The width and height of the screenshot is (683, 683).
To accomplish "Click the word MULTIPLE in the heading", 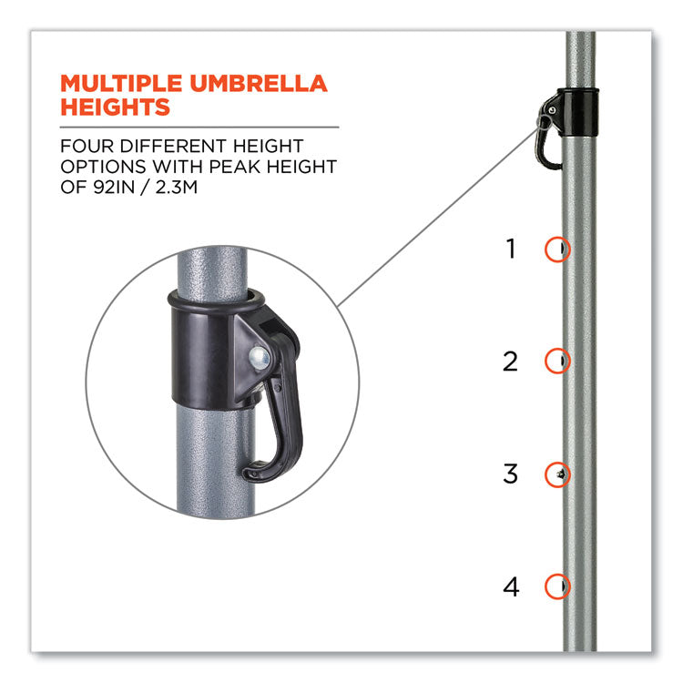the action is point(121,84).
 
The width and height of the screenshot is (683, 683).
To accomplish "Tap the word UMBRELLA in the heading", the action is point(259,84).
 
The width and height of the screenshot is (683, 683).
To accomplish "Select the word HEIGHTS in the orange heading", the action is point(115,107).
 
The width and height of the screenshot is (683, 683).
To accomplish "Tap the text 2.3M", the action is point(177,187).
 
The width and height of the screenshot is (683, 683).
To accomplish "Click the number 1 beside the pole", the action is point(511,249).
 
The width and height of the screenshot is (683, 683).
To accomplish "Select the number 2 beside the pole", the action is point(510,362).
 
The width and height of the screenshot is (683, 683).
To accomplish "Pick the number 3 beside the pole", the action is point(510,474).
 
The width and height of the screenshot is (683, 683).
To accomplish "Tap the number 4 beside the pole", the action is point(511,586).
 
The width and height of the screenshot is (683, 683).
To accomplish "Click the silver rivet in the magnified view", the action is point(260,359).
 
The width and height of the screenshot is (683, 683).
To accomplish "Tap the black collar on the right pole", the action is point(577,112).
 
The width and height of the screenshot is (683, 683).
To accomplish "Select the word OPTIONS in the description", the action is point(103,167).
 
